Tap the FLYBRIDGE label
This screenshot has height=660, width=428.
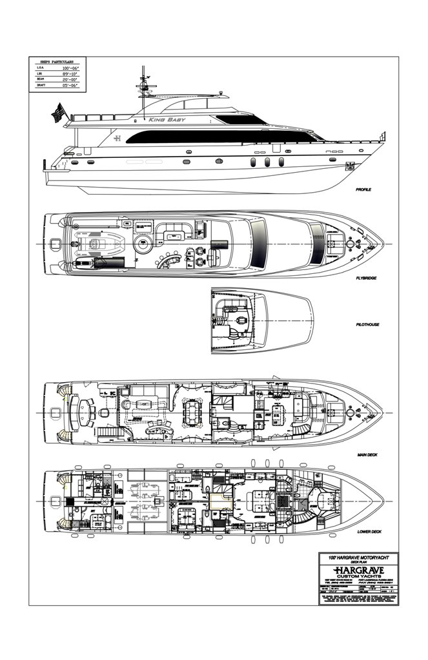pos(366,278)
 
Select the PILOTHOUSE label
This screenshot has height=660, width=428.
pos(367,324)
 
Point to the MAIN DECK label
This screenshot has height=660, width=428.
pos(367,455)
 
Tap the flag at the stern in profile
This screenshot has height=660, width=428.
pos(58,113)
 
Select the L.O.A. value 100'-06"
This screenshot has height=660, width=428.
pos(70,68)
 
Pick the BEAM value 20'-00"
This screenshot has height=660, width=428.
pos(70,79)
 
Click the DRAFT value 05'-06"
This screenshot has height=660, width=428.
pos(70,85)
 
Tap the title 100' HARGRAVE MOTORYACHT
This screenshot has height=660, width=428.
pos(358,556)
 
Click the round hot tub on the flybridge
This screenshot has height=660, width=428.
pos(142,244)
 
